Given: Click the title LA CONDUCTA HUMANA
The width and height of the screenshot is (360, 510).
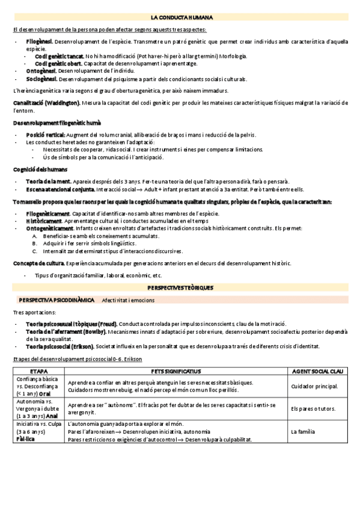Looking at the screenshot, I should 180,18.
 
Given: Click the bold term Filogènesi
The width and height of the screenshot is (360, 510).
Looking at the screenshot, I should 40,41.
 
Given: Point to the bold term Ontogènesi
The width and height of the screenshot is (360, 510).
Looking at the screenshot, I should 41,71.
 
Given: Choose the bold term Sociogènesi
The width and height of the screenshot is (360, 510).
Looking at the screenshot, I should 41,78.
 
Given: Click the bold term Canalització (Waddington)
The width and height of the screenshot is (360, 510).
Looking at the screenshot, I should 46,103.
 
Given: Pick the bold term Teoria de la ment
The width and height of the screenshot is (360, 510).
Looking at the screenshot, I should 49,181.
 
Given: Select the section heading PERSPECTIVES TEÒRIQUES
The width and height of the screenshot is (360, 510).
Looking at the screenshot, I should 180,288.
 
